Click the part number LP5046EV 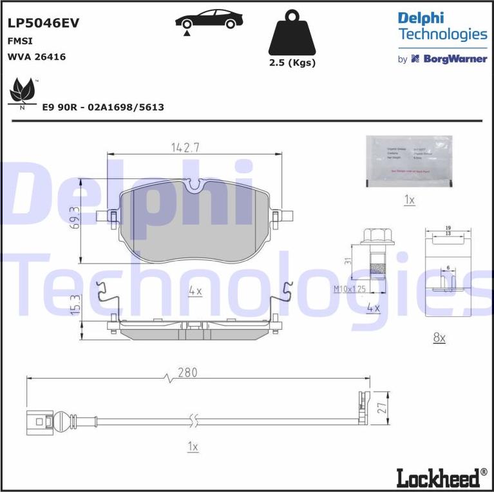(x=43, y=23)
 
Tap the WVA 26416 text (x=36, y=57)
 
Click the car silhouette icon (x=205, y=21)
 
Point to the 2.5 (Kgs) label (x=292, y=62)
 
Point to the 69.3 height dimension (x=75, y=218)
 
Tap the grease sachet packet (x=409, y=162)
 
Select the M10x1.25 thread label (x=350, y=289)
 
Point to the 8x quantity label (x=439, y=337)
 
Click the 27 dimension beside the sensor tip (x=382, y=408)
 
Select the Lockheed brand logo (x=441, y=477)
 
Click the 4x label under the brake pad (x=195, y=291)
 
